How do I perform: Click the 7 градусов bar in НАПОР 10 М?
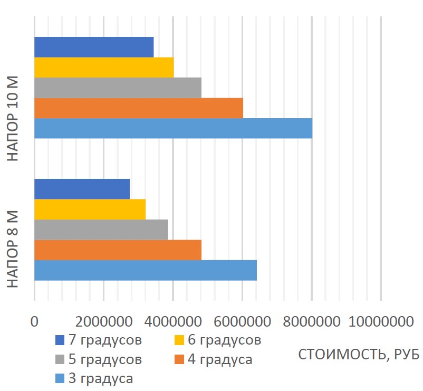click(x=94, y=47)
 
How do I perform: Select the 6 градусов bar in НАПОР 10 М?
click(x=104, y=68)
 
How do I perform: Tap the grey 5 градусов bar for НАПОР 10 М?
click(x=118, y=88)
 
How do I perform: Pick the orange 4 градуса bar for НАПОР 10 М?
click(x=139, y=108)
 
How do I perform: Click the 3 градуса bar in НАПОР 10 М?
click(x=173, y=128)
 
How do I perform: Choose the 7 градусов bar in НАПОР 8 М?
click(x=82, y=189)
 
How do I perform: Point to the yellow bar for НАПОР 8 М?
click(x=90, y=209)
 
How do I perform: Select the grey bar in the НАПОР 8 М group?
click(x=101, y=230)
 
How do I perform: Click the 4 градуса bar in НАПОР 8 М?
click(x=118, y=250)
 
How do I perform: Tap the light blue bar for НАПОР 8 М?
click(x=145, y=270)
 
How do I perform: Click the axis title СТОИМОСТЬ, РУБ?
click(x=359, y=354)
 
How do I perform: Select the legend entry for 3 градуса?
click(x=100, y=378)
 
